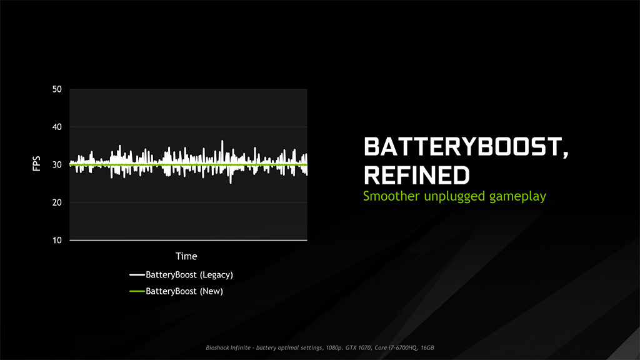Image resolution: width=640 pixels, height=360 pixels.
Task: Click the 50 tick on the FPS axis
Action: pos(57,89)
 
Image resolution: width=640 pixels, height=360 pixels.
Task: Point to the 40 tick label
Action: pos(57,127)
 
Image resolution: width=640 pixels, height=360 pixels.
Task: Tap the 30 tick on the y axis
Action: pos(57,165)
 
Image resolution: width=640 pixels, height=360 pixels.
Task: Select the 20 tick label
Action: pos(57,202)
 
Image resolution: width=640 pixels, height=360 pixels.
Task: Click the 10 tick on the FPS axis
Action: pos(57,240)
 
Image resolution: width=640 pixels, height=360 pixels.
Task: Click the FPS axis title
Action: pos(36,165)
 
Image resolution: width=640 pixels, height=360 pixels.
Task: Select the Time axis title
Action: pos(186,256)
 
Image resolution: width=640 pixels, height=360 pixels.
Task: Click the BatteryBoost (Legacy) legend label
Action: pos(189,274)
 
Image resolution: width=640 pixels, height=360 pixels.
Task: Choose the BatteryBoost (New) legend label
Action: pos(184,291)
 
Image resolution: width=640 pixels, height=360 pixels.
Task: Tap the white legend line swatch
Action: pos(137,275)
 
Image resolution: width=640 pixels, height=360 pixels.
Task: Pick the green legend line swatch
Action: pos(137,291)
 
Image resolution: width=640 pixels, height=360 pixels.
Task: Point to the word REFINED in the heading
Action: pos(416,175)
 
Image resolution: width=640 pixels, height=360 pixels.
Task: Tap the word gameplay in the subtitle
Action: pos(517,197)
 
